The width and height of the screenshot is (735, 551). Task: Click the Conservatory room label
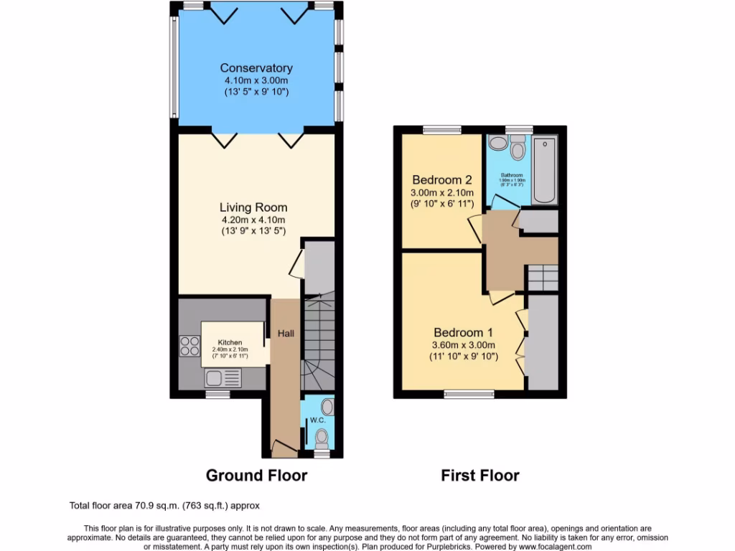click(x=256, y=68)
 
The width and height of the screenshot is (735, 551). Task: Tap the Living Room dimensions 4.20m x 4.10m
click(x=254, y=220)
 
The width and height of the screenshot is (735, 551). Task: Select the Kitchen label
click(x=230, y=343)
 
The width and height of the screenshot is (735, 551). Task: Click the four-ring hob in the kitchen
click(x=190, y=347)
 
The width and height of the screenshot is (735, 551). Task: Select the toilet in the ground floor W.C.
click(x=322, y=437)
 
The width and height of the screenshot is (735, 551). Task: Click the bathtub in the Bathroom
click(x=545, y=172)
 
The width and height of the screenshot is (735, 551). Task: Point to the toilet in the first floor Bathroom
click(x=518, y=151)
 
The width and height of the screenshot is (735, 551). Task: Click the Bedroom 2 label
click(x=441, y=179)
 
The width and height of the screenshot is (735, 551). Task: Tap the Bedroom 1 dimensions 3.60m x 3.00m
click(x=463, y=344)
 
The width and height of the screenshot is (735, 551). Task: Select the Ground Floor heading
click(x=256, y=475)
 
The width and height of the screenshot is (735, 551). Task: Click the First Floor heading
click(x=479, y=475)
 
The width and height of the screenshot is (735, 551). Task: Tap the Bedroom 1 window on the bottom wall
click(x=469, y=393)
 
